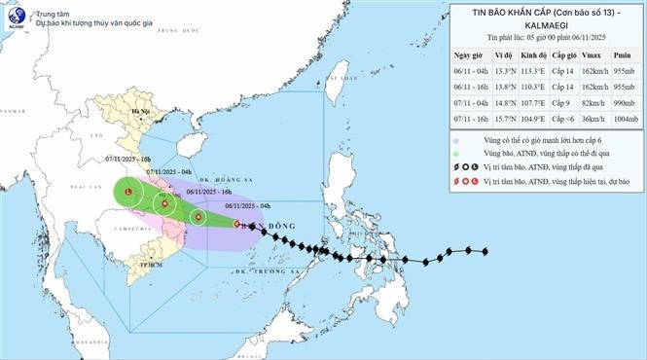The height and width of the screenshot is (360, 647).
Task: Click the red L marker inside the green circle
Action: (x=128, y=194)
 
